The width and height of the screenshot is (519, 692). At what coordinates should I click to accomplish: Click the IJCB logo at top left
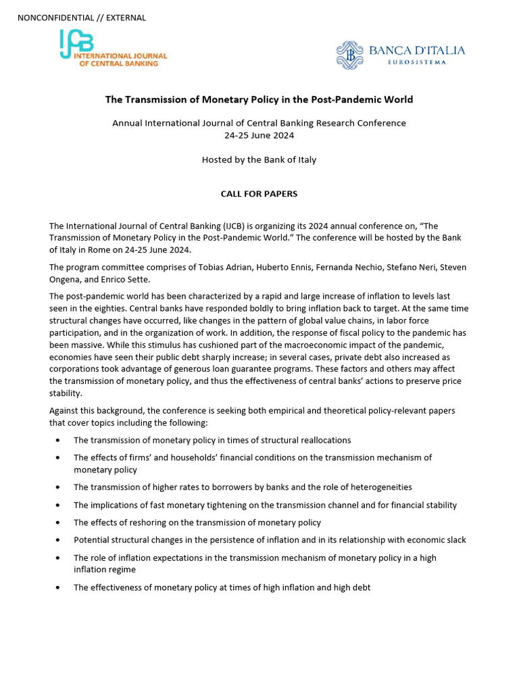tap(112, 49)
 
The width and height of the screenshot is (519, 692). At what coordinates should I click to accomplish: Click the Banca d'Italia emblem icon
tap(349, 55)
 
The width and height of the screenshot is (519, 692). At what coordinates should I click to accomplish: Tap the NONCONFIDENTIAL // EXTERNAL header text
tap(82, 18)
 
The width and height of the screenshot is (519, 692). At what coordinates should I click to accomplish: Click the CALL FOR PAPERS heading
tap(259, 194)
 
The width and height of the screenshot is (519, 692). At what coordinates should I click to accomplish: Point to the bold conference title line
tap(259, 99)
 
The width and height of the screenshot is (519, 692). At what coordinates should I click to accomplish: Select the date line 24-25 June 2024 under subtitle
tap(259, 135)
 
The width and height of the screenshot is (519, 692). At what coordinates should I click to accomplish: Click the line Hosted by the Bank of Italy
tap(259, 160)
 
